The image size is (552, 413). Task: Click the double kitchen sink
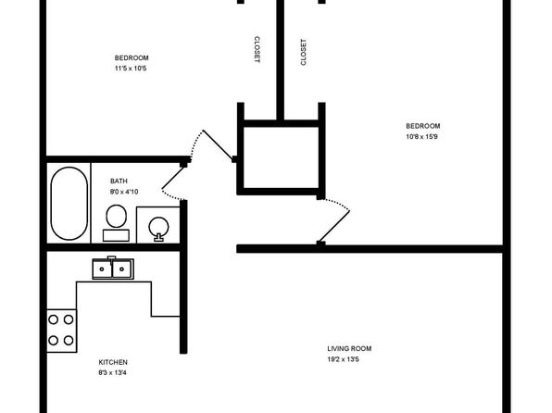[113, 269]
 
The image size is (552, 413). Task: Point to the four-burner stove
[61, 331]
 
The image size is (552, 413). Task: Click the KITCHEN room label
[113, 362]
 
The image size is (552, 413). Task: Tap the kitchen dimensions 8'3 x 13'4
[112, 373]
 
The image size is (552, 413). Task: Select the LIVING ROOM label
[349, 349]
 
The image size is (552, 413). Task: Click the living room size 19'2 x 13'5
[343, 360]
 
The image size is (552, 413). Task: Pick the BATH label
[119, 181]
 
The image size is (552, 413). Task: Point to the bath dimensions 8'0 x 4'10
[124, 192]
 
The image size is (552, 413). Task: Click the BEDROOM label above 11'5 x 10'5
[132, 58]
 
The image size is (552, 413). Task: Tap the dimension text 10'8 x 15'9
[421, 137]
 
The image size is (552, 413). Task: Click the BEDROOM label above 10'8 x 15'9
[423, 126]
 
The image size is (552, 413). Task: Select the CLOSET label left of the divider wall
[257, 50]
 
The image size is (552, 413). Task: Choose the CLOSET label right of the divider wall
[303, 52]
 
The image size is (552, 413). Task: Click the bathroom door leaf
[173, 177]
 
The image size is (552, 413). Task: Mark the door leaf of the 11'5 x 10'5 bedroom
[218, 145]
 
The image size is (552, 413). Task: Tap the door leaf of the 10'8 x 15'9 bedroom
[333, 226]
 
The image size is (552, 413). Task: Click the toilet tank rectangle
[116, 235]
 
